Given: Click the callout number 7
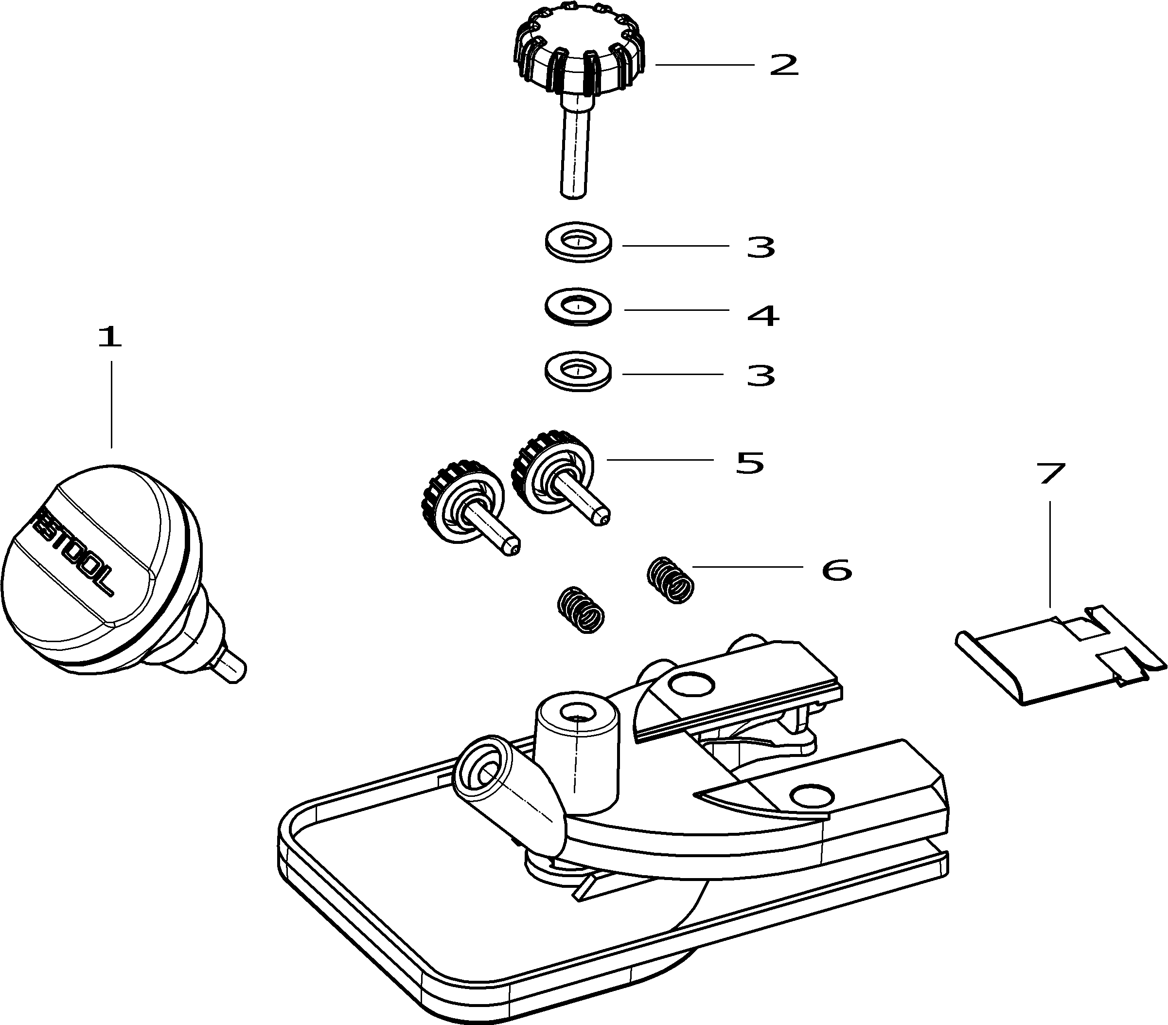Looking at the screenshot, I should tap(1051, 473).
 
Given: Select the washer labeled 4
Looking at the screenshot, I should tap(578, 307).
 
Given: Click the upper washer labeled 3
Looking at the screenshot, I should tap(578, 242).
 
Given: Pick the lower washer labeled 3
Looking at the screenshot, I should tap(578, 372).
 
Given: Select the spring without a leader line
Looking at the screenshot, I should tap(581, 610).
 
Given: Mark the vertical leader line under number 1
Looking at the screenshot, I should tap(111, 403).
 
